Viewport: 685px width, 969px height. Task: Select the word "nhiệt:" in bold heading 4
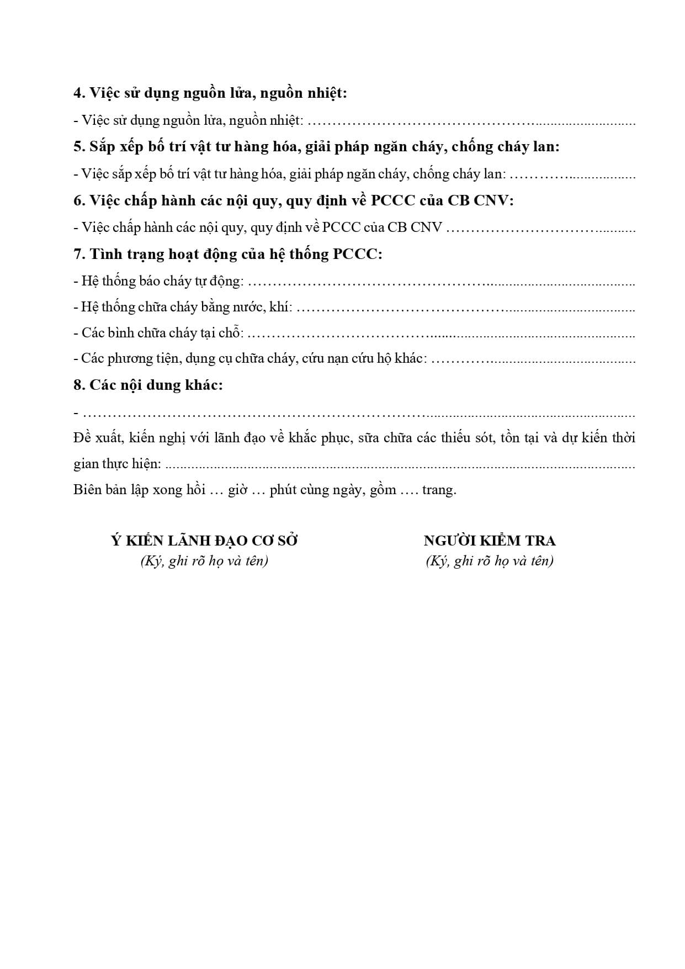click(326, 93)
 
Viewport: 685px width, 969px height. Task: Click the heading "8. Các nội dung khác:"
click(148, 385)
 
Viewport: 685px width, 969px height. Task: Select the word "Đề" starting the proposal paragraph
click(82, 438)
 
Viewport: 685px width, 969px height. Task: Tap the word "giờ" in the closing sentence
click(237, 490)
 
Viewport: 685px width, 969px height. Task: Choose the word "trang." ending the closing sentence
click(439, 490)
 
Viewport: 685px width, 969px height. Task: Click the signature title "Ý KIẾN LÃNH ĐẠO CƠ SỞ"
click(204, 541)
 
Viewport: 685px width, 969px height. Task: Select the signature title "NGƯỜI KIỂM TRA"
click(490, 541)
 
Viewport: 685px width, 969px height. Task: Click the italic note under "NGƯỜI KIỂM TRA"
click(490, 561)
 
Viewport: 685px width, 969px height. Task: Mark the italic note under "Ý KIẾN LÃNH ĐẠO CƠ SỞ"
click(204, 561)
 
